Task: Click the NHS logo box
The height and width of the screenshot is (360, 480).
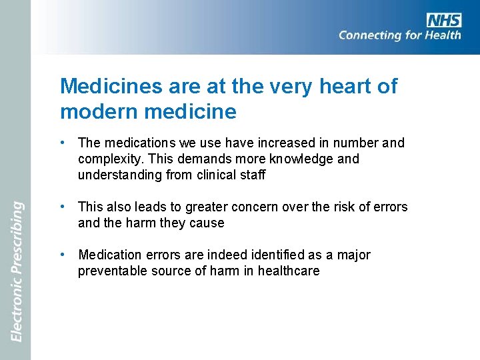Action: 443,20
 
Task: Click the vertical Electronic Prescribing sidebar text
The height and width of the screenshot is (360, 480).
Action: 18,271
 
